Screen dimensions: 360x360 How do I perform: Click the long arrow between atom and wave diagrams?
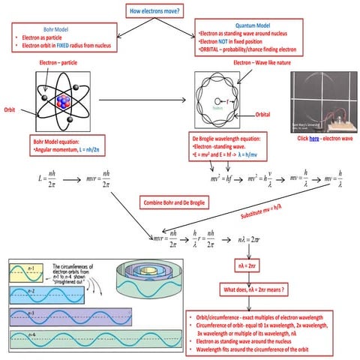click(x=139, y=98)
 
